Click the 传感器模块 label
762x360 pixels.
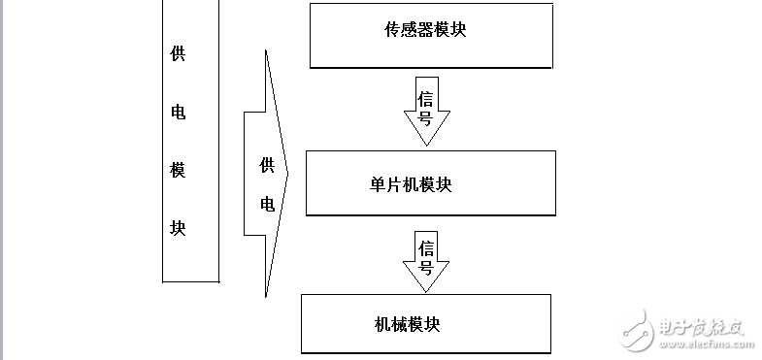(425, 29)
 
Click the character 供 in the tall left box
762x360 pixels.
(178, 53)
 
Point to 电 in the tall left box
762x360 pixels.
(178, 112)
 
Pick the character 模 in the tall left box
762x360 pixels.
(178, 171)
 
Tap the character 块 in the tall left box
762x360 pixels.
(178, 229)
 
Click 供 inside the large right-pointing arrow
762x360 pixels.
(267, 165)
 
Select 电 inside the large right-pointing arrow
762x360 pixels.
(267, 204)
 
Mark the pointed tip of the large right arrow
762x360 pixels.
(288, 174)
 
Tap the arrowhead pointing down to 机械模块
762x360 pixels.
(426, 280)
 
